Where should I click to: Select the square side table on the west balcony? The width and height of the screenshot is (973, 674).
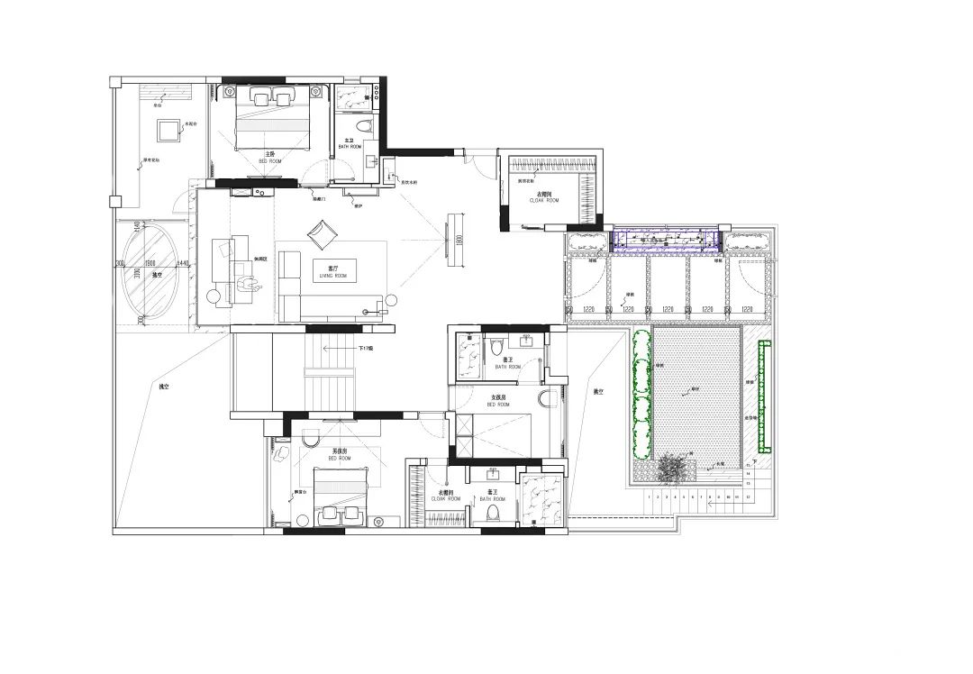click(167, 130)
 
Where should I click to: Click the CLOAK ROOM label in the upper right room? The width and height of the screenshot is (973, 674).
click(544, 200)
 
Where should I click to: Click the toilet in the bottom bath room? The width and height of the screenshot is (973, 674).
click(492, 512)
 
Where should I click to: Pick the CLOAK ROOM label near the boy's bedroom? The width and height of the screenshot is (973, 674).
click(446, 498)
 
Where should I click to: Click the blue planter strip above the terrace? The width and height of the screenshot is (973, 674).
click(666, 240)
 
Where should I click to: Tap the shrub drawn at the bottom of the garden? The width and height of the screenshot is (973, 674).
click(670, 468)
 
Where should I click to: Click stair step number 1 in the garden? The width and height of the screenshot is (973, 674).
click(649, 496)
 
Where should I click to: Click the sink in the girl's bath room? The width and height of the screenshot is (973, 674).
click(525, 341)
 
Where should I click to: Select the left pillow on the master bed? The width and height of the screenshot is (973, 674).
click(260, 97)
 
